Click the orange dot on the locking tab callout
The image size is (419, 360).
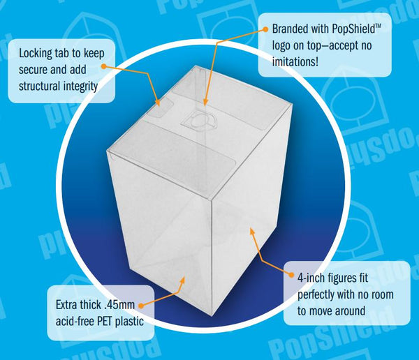104,66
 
